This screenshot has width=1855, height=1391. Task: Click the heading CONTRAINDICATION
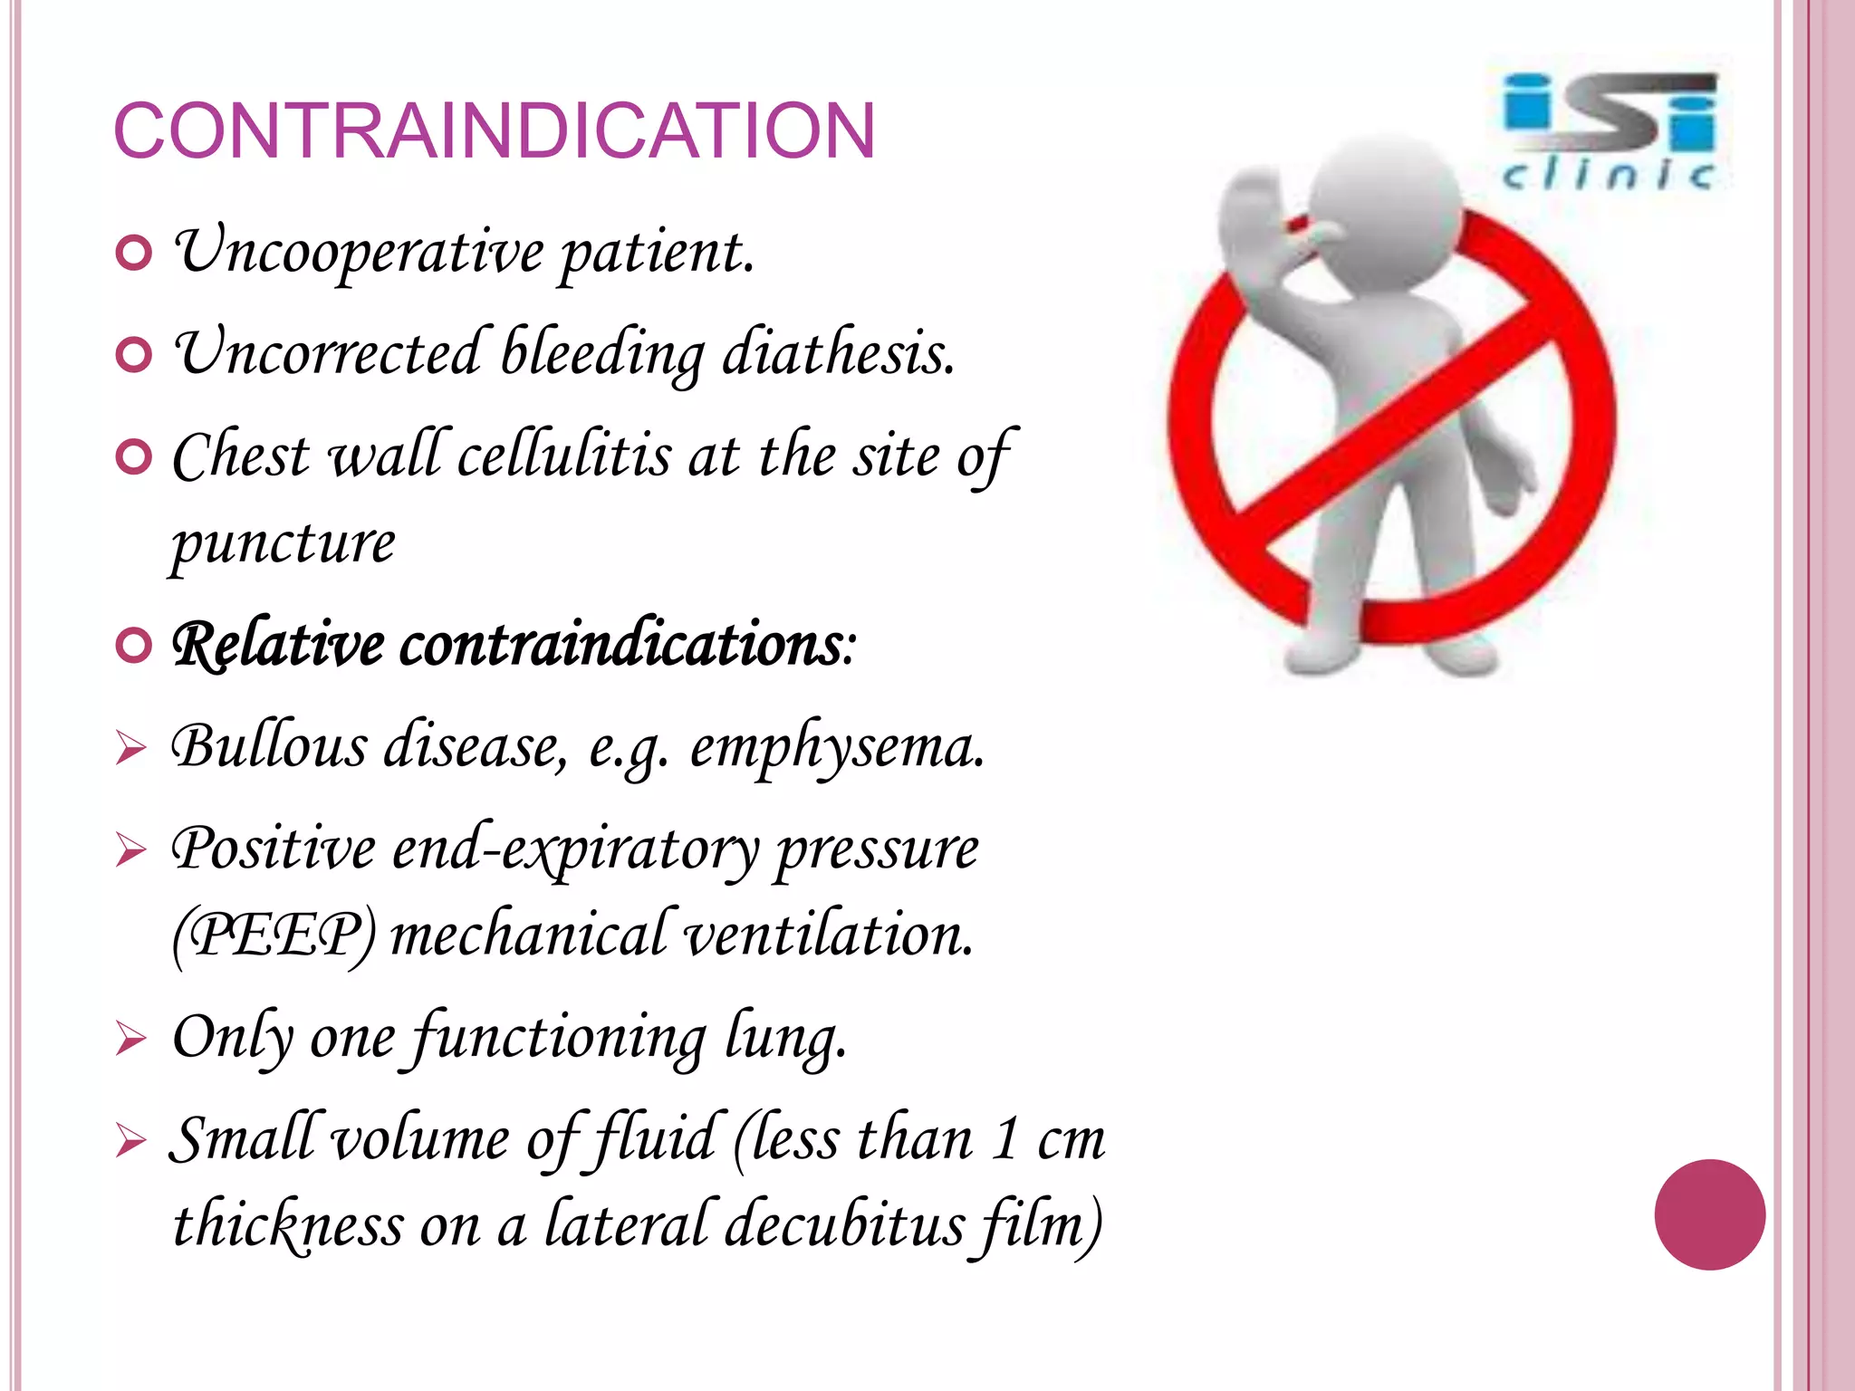point(494,131)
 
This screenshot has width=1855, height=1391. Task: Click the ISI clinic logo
point(1609,131)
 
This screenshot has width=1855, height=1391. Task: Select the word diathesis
point(837,353)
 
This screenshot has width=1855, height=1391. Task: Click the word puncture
point(284,543)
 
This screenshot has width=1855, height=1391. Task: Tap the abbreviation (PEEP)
point(274,935)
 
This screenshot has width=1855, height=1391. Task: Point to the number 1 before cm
point(1004,1138)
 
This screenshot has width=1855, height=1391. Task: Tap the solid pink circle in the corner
point(1709,1214)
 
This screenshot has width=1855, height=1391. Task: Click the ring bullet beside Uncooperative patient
point(134,254)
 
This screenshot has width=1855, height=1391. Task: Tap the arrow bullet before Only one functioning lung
point(130,1039)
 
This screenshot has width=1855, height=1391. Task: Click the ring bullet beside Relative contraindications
point(134,647)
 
